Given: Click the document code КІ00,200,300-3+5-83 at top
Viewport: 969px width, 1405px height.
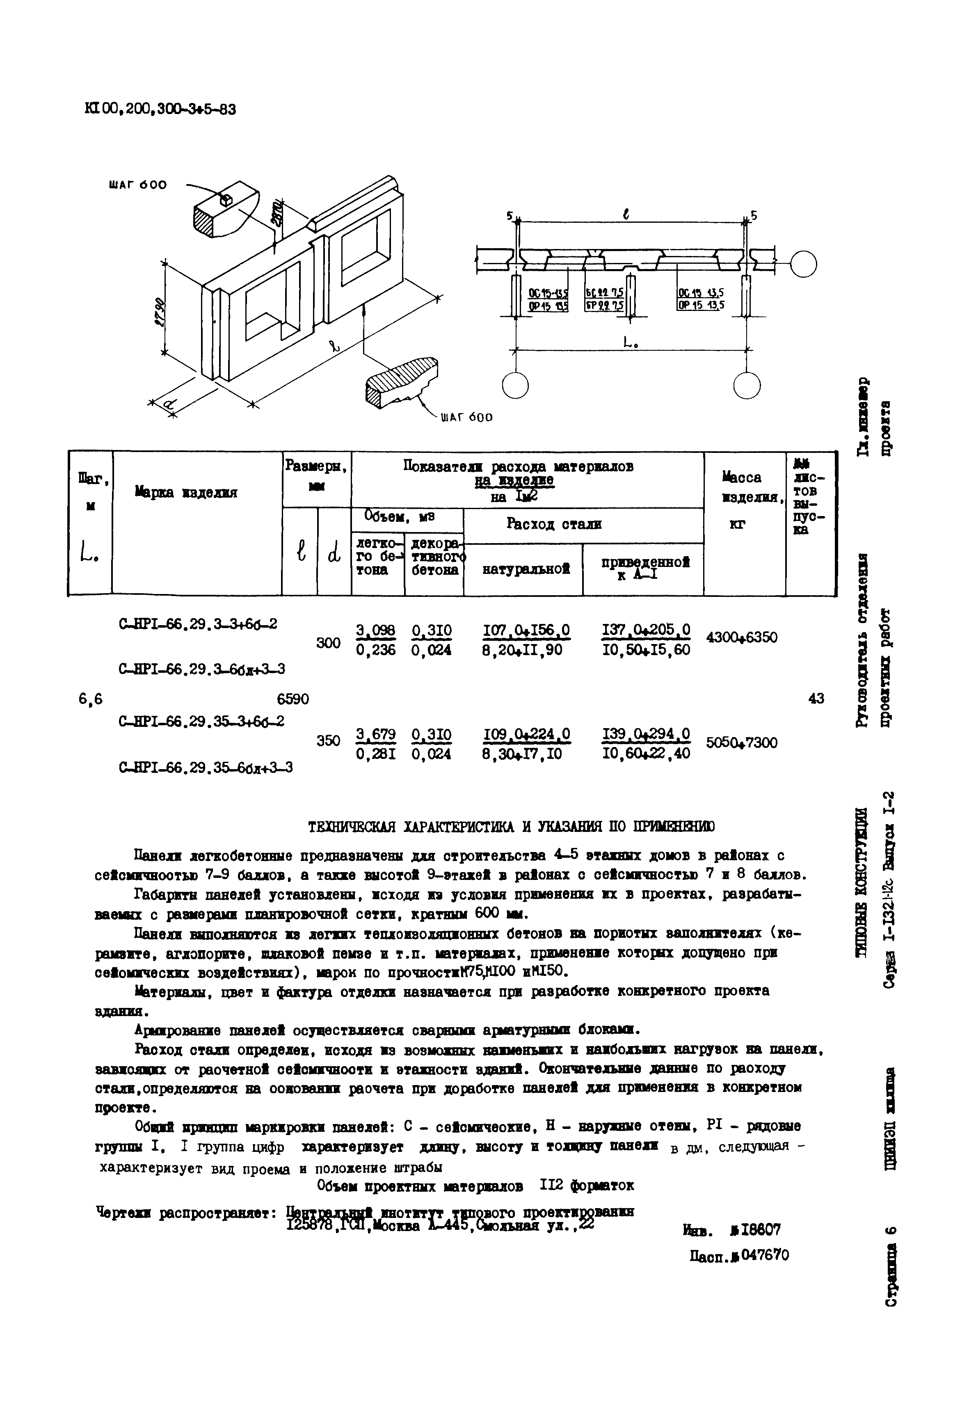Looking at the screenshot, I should [160, 109].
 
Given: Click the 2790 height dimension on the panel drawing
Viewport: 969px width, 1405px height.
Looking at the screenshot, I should [160, 311].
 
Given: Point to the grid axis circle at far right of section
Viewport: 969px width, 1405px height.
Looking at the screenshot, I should [804, 263].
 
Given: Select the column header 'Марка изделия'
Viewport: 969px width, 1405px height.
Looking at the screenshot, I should [186, 492].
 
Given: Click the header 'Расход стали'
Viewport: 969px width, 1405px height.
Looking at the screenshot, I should [554, 524].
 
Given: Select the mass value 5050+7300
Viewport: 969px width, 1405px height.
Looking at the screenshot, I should [741, 742].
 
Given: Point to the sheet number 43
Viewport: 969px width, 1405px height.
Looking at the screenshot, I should [816, 699].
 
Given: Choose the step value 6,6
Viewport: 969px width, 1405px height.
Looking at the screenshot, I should [91, 699].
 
